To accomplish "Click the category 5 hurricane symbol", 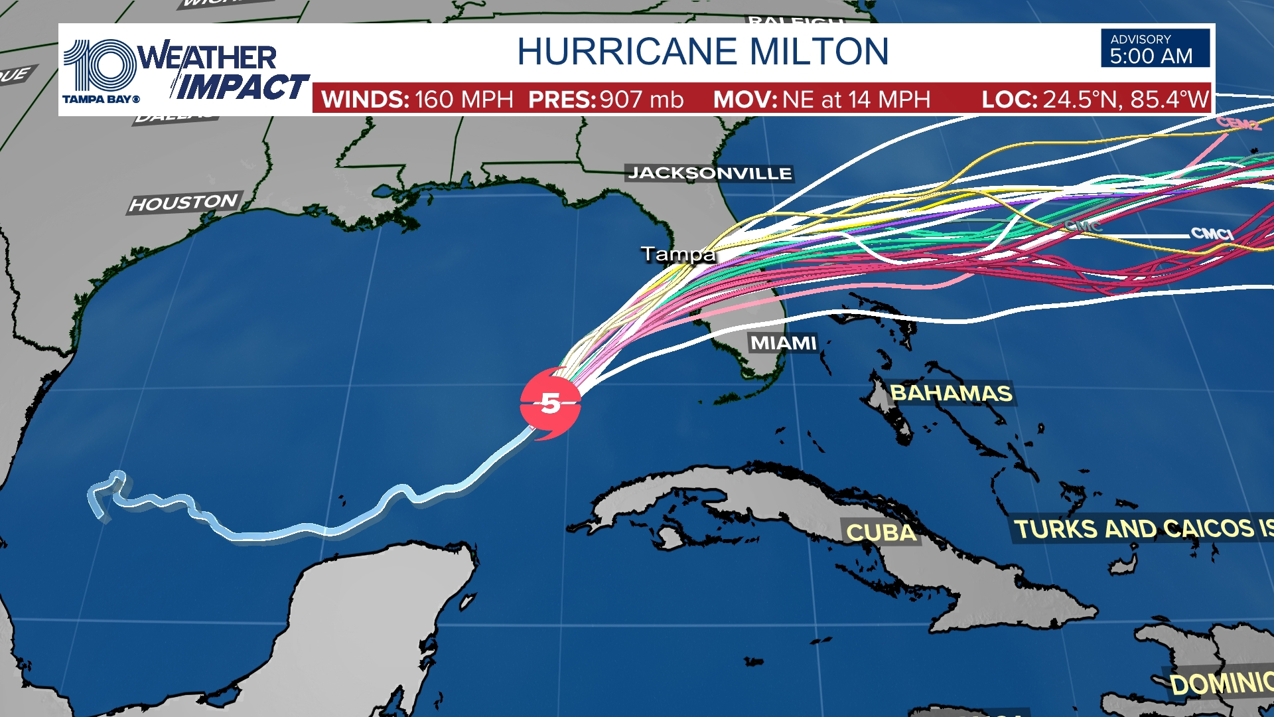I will [550, 403].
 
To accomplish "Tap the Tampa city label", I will [677, 254].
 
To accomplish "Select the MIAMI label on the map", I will [783, 343].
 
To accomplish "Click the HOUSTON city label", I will [184, 202].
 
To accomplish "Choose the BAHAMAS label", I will [951, 393].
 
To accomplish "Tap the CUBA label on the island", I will [881, 532].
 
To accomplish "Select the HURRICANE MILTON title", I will [703, 52].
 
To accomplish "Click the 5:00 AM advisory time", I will [1151, 56].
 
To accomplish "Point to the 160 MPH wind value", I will [464, 100].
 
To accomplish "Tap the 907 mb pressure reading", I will [641, 100].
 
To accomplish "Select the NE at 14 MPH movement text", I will [856, 100].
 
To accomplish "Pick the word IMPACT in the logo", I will [242, 87].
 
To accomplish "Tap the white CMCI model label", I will [1212, 233].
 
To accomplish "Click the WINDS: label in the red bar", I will [365, 100].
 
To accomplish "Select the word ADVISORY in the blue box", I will [1141, 39].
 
